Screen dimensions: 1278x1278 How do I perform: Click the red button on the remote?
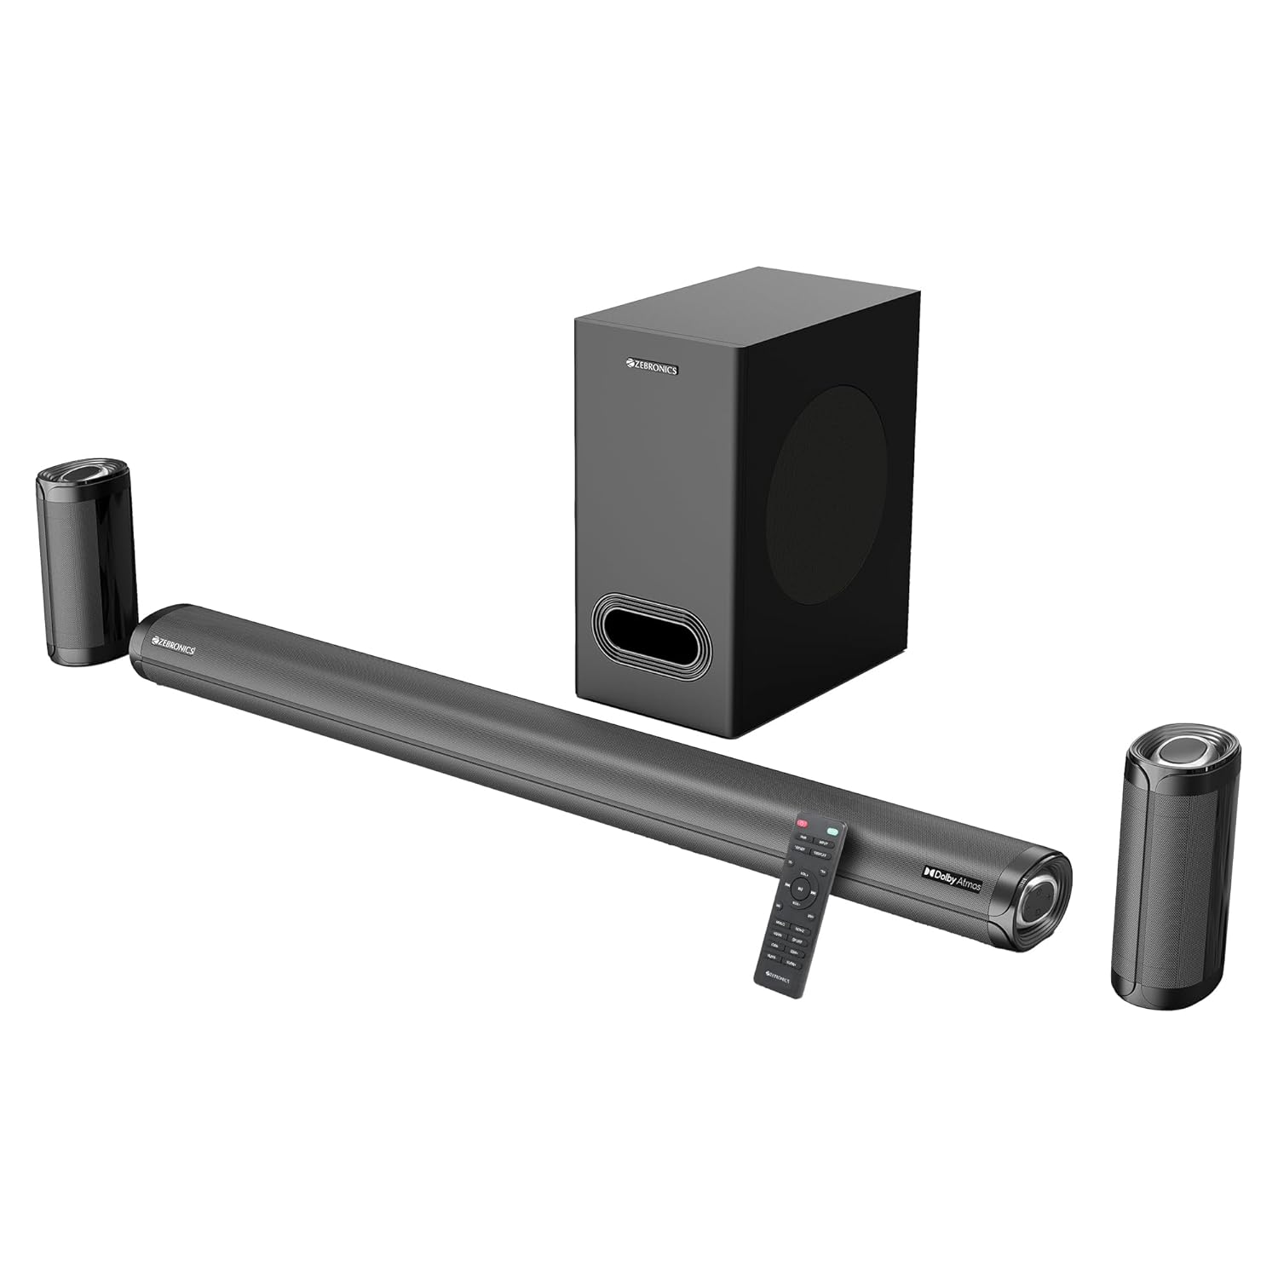[x=802, y=824]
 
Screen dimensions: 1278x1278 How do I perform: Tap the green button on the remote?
[x=832, y=828]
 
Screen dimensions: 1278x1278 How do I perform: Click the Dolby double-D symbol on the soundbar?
[x=930, y=873]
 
